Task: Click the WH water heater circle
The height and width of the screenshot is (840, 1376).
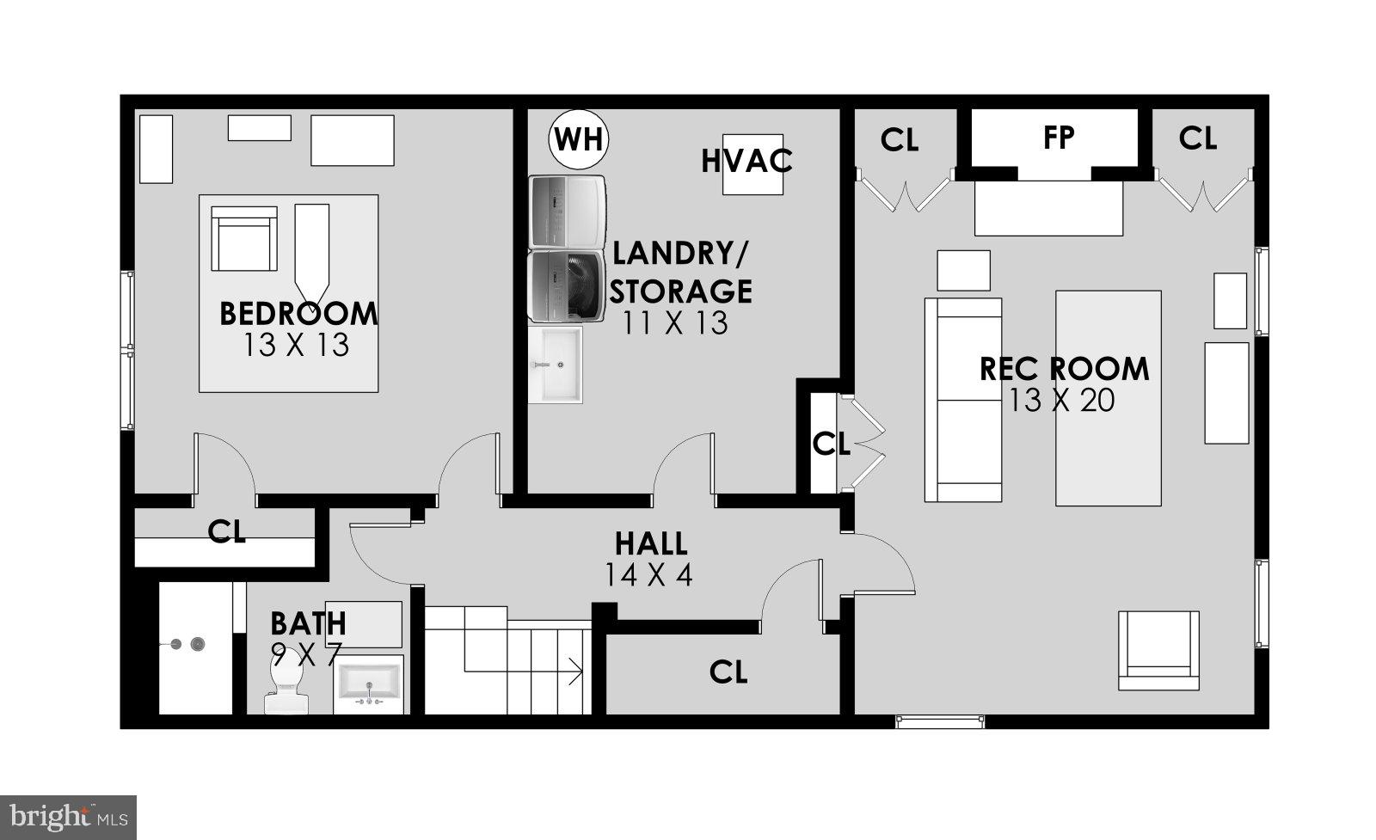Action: [x=579, y=138]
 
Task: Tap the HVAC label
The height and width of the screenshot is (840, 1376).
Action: [x=746, y=162]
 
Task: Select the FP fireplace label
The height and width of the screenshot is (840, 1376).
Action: [x=1059, y=138]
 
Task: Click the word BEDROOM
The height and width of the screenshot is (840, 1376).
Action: [x=298, y=314]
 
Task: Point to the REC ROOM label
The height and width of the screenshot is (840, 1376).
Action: [x=1064, y=369]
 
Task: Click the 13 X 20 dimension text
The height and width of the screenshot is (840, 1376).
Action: [x=1062, y=401]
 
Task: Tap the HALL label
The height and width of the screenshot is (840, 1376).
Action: [x=650, y=543]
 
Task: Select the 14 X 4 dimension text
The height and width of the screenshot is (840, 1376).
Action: [x=648, y=574]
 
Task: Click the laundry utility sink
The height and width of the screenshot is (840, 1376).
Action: [x=556, y=365]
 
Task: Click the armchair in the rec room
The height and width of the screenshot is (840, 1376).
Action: [x=1158, y=651]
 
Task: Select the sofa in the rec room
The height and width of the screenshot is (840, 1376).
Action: [x=962, y=400]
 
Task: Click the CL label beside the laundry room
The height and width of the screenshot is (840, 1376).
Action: [x=831, y=445]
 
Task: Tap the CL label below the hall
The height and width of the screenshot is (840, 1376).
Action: [x=728, y=672]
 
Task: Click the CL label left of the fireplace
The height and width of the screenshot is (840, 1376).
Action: [x=900, y=140]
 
